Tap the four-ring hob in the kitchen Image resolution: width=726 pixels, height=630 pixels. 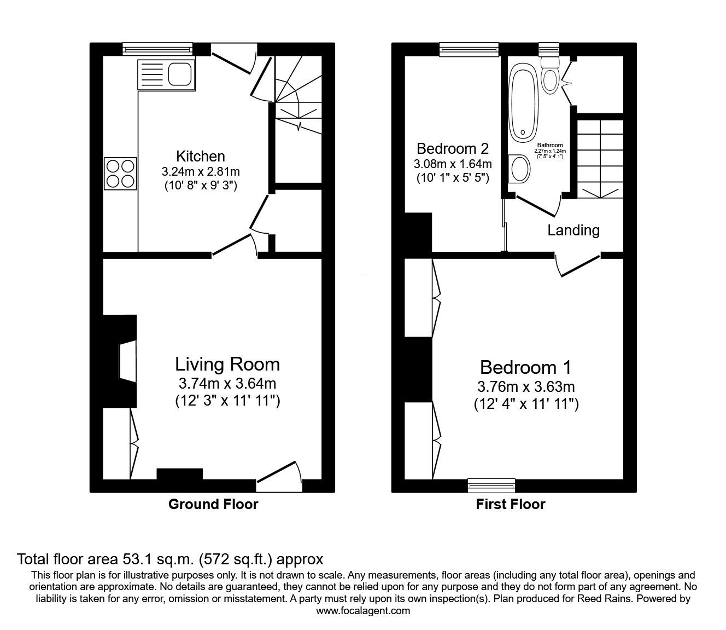120,174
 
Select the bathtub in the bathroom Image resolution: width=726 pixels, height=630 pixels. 524,104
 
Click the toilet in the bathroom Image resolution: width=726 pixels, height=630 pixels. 549,77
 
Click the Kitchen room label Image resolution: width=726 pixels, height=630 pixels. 200,156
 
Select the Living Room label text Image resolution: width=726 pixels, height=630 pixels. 227,364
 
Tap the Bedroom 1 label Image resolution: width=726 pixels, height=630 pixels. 525,367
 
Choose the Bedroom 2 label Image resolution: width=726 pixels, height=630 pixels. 452,148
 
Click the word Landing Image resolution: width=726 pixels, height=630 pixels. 573,230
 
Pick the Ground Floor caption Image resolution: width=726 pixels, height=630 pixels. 213,504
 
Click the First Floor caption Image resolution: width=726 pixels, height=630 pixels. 510,504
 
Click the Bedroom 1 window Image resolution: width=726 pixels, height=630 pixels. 491,484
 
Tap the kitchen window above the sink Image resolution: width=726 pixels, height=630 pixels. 158,49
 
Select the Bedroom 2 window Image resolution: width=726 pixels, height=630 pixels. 470,49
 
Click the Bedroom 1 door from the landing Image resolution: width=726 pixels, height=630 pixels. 578,264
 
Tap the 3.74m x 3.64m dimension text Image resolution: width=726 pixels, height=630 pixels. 227,383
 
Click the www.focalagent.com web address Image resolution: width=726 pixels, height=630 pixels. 363,611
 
